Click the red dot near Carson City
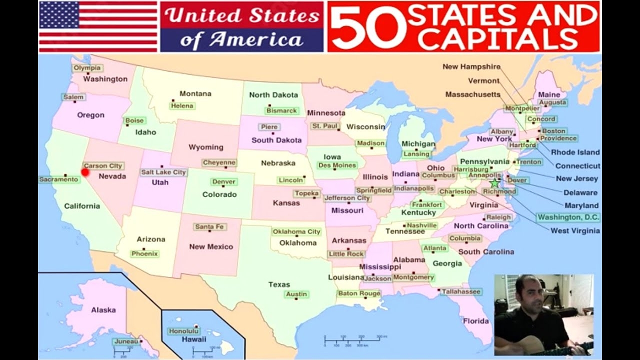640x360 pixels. tap(85, 172)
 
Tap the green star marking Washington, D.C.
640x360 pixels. tap(494, 183)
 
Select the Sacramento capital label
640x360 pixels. tap(59, 179)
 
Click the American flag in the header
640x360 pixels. tap(98, 26)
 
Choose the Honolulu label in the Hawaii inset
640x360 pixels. tap(183, 331)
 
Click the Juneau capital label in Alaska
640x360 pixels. tap(125, 341)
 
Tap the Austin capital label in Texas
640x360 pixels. tap(296, 294)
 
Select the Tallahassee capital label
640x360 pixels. tap(460, 291)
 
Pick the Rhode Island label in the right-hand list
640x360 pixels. tap(575, 152)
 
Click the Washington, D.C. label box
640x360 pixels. tap(568, 217)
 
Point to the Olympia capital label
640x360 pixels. tap(87, 68)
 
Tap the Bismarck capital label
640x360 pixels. tap(282, 110)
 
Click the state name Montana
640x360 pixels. tap(195, 93)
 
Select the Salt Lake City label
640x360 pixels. tap(163, 172)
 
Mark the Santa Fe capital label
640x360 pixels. tap(210, 226)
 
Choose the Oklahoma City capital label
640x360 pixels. tap(296, 231)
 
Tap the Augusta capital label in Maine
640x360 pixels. tap(552, 102)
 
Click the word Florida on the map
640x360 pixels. tap(475, 320)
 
